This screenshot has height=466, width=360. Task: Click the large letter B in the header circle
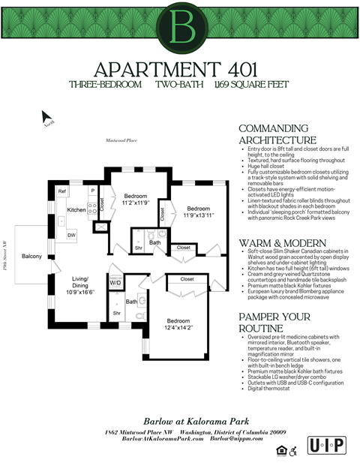(180, 27)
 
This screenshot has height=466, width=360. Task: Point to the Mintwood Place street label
(120, 140)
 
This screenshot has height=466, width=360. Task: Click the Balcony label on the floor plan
(31, 257)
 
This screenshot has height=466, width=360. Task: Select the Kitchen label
(76, 210)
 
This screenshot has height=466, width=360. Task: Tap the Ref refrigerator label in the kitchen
(62, 192)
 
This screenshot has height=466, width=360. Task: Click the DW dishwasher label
(70, 236)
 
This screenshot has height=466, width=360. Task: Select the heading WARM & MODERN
(282, 243)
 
